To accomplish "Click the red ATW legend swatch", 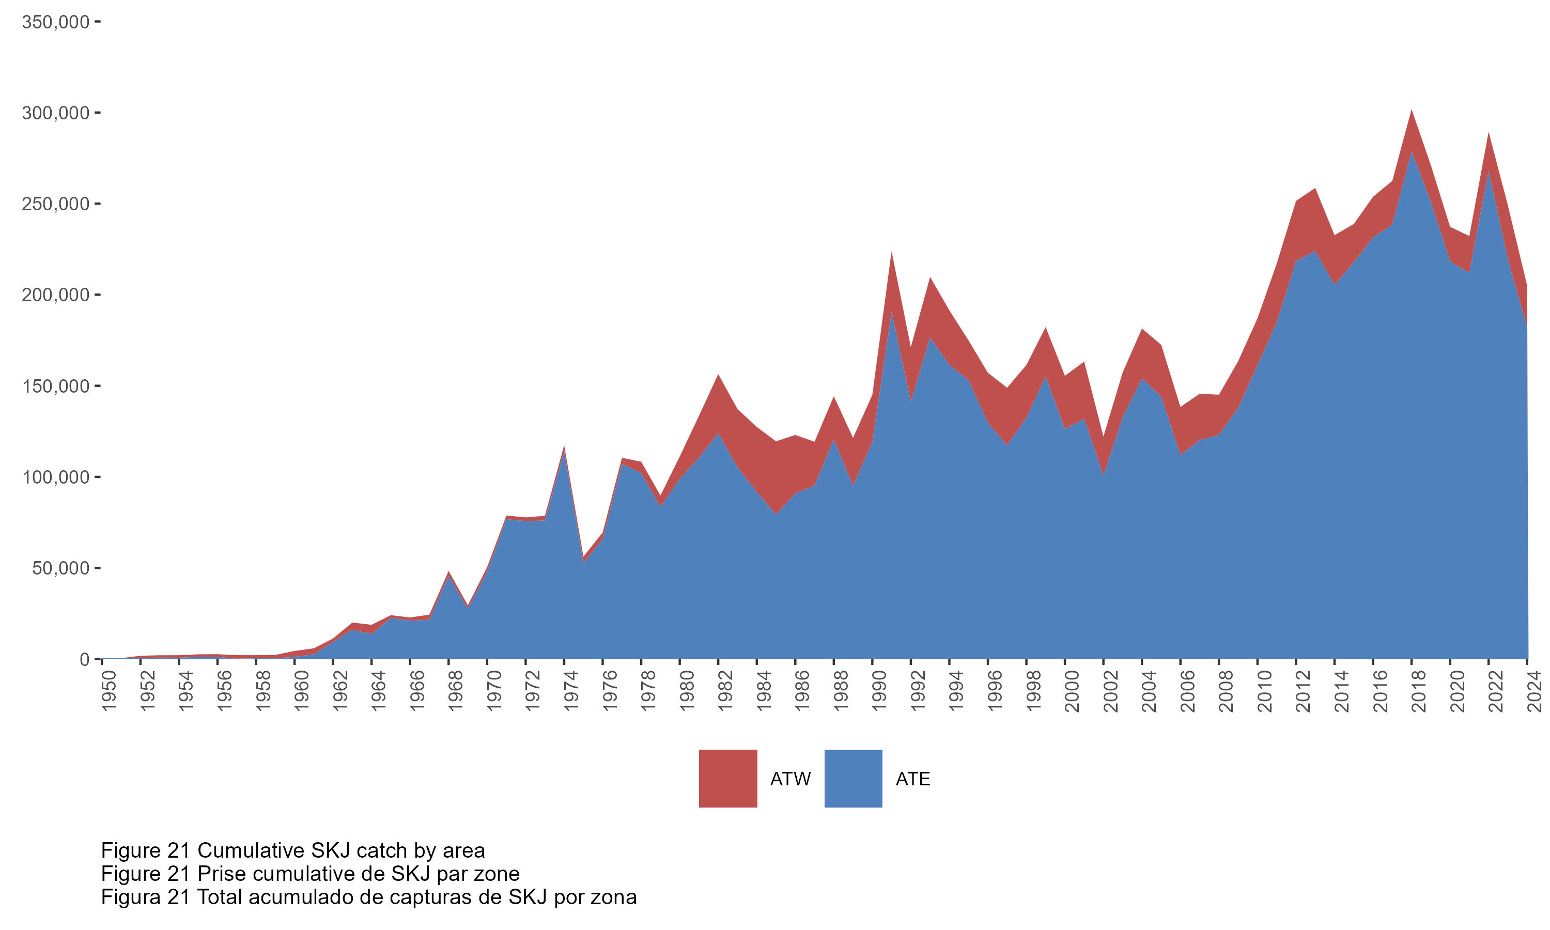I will pos(727,778).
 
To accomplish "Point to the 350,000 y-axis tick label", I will pos(55,22).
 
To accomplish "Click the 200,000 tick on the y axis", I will pos(55,295).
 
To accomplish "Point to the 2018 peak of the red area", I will pos(1412,112).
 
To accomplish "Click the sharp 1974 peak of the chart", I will pos(564,447).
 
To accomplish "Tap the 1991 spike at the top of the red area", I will pos(891,253).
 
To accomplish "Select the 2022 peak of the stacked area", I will pos(1489,133).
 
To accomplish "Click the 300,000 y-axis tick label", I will pos(55,113).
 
